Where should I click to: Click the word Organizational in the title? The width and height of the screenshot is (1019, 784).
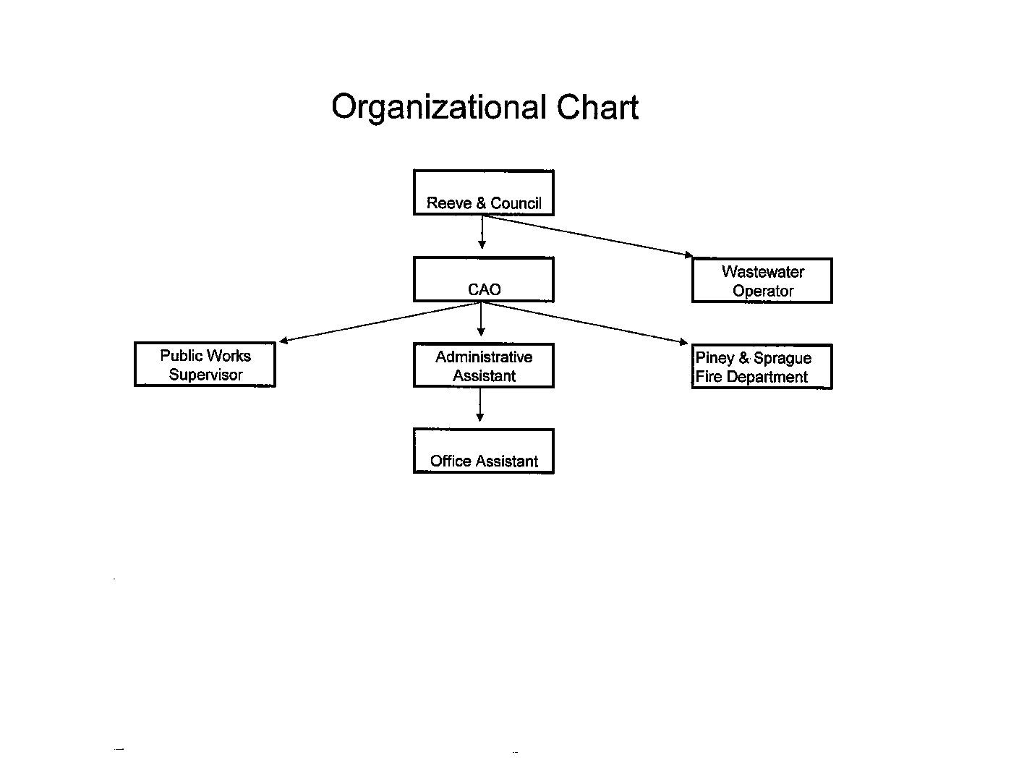pos(439,108)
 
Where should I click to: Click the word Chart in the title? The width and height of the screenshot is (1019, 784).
pos(597,107)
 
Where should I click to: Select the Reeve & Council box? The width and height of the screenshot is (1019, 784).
pos(484,192)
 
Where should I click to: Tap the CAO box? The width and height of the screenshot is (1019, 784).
pos(484,279)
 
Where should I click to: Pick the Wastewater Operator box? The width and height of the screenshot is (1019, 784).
pos(762,281)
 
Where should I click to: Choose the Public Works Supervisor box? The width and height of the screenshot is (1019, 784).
pos(205,365)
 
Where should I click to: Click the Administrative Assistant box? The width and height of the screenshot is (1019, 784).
pos(484,366)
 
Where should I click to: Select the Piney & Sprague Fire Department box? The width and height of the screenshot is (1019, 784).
pos(762,367)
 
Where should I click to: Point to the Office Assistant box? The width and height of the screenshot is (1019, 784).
pos(484,451)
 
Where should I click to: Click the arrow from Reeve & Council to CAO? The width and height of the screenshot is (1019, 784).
pos(482,232)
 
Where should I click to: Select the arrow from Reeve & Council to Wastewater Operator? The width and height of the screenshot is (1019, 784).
pos(587,236)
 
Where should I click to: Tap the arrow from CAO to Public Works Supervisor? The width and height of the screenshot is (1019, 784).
pos(380,322)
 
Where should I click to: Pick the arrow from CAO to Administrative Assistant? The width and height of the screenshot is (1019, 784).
pos(481,320)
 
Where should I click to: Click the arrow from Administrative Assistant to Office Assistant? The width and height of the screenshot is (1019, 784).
pos(479,405)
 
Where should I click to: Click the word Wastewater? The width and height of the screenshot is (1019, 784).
pos(763,271)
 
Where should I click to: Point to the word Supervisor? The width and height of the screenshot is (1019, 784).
pos(206,375)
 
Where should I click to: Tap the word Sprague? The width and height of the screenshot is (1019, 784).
pos(783,358)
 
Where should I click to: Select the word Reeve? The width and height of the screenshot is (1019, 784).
pos(449,203)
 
